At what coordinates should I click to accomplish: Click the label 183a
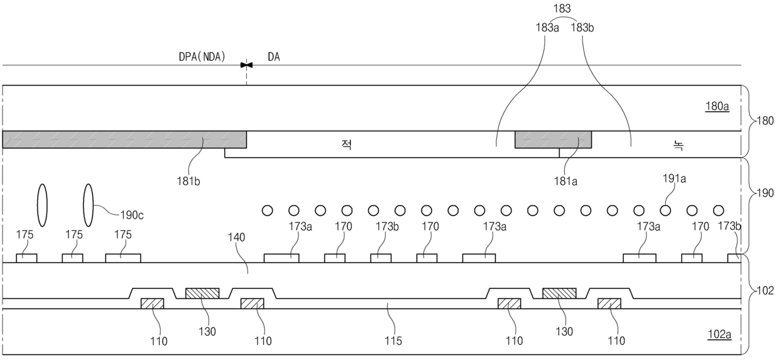coord(547,28)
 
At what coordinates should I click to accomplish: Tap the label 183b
coord(582,28)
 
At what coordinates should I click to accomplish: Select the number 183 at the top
coord(562,8)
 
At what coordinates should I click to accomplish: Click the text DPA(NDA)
coord(202,57)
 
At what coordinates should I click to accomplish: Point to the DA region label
coord(274,57)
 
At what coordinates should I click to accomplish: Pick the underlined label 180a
coord(717,106)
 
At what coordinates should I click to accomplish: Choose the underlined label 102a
coord(719,334)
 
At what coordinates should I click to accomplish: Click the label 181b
coord(188,181)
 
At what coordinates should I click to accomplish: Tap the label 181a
coord(565,181)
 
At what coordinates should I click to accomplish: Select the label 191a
coord(674,178)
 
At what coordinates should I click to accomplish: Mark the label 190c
coord(132,215)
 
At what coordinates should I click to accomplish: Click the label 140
coord(236,237)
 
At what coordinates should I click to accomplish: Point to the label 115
coord(393,341)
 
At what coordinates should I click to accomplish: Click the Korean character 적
coord(347,144)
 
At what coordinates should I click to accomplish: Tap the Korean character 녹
coord(678,145)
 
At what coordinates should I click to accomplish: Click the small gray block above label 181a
coord(553,139)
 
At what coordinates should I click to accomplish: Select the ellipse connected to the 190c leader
coord(89,205)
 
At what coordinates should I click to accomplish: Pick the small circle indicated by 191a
coord(665,210)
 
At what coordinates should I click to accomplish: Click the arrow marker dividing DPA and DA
coord(246,65)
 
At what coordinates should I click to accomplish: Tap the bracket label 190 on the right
coord(765,193)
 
